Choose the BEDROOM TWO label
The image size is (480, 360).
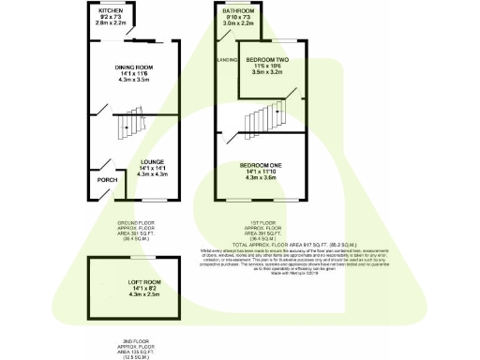click(267, 59)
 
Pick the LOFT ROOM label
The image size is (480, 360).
click(137, 281)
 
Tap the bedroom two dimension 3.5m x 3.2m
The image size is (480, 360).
click(268, 71)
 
